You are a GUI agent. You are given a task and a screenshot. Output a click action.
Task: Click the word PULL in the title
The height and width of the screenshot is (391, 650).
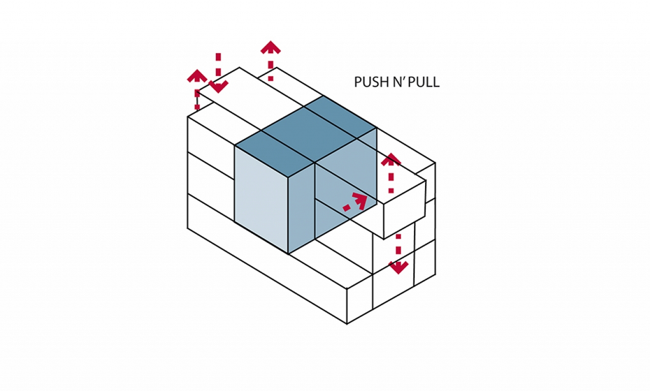click(x=424, y=82)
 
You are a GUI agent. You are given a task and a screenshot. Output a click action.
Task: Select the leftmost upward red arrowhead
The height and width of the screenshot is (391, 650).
click(x=198, y=76)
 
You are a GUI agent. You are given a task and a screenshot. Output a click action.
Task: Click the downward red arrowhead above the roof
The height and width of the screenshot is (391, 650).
click(x=218, y=87)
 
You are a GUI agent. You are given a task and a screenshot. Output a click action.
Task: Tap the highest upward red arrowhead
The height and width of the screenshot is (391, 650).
click(x=271, y=47)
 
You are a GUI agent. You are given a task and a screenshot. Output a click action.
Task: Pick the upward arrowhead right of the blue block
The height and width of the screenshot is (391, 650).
click(x=391, y=159)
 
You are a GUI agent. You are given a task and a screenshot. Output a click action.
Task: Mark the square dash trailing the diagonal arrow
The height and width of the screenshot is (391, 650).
click(x=346, y=208)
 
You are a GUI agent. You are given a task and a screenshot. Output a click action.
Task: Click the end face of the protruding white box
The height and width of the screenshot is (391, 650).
click(x=405, y=209)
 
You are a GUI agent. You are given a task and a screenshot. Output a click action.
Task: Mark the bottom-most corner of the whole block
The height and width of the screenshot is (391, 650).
click(x=347, y=324)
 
